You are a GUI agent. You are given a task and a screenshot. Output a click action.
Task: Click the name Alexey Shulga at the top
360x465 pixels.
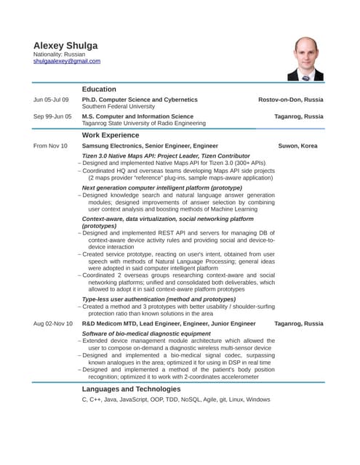(x=65, y=45)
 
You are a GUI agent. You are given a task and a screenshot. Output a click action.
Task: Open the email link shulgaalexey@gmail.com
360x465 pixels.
(x=67, y=62)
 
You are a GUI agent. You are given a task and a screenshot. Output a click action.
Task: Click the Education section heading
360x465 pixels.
(x=100, y=89)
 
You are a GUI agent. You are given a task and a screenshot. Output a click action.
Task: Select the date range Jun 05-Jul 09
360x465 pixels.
(x=51, y=100)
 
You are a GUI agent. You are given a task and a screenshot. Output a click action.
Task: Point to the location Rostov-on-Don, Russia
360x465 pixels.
(x=290, y=100)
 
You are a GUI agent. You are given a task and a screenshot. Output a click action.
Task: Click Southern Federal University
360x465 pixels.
(x=118, y=107)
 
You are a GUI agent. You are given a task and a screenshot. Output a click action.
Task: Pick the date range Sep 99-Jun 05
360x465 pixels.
(x=52, y=116)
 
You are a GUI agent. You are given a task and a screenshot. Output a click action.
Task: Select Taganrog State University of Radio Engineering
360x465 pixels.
(x=144, y=124)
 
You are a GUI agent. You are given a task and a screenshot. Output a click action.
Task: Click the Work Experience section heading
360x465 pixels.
(x=111, y=135)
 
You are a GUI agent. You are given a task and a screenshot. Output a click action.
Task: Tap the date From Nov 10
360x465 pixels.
(x=50, y=146)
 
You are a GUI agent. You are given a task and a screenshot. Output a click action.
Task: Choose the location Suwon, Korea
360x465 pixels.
(x=297, y=146)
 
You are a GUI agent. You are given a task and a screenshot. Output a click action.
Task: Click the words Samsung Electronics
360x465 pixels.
(x=113, y=146)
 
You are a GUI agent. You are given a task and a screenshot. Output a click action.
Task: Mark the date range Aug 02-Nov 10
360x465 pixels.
(x=53, y=323)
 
